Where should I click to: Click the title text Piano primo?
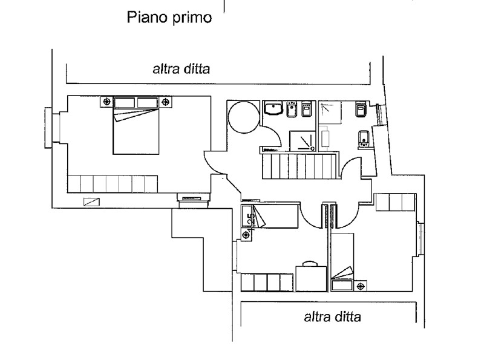tap(169, 18)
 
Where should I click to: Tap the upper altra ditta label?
tap(181, 69)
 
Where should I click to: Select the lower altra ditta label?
tap(332, 316)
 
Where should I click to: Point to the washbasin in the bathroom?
tap(273, 108)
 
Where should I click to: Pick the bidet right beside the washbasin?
tap(292, 109)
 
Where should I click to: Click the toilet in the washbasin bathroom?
tap(306, 108)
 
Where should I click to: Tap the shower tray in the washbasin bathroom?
tap(302, 141)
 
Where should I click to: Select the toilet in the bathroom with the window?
tap(361, 109)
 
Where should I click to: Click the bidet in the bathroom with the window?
tap(364, 139)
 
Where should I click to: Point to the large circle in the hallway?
tap(244, 117)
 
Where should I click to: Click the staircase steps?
tap(299, 166)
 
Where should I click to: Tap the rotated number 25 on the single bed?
tap(251, 221)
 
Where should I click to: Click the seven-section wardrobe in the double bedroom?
tap(113, 185)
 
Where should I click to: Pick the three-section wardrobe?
tap(395, 202)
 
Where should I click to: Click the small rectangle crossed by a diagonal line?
tap(92, 202)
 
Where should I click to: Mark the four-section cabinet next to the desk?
tap(267, 283)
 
